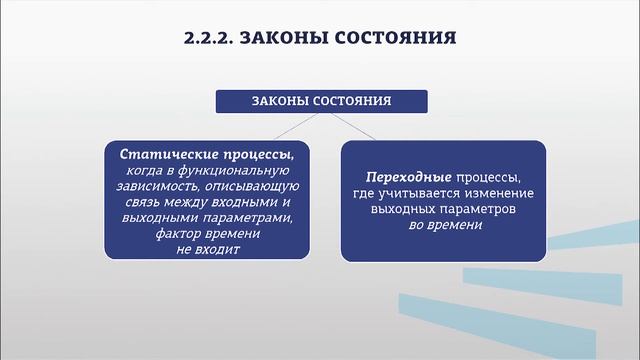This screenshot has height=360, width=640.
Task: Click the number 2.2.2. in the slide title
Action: [x=209, y=39]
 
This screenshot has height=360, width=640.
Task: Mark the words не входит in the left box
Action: [x=208, y=249]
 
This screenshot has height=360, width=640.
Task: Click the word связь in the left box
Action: [x=137, y=203]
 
